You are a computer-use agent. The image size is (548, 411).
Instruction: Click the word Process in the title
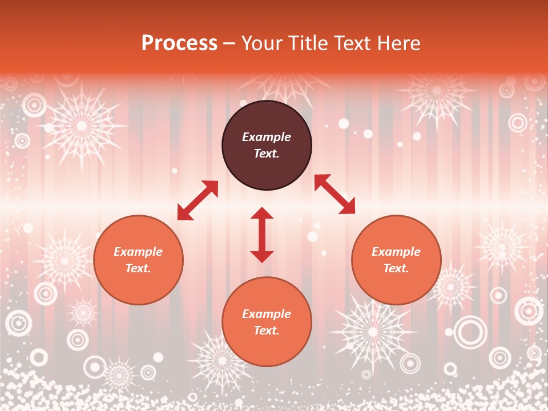[179, 43]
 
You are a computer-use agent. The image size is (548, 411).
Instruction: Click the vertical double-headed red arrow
[262, 235]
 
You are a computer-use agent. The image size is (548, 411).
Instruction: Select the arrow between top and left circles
[198, 200]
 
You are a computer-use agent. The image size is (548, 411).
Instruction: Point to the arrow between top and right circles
[335, 194]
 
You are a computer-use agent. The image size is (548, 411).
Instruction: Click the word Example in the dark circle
[267, 137]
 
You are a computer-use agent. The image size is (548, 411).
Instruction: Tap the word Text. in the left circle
[138, 268]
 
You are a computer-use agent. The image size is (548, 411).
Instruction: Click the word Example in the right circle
[396, 252]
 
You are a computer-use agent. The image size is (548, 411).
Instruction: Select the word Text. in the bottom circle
[267, 331]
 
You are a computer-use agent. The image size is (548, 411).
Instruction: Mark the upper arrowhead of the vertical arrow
[262, 213]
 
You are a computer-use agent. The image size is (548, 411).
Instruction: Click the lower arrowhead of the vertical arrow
[262, 256]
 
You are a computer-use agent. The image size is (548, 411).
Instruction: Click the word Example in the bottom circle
[267, 314]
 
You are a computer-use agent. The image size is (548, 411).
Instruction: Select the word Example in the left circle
[138, 252]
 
